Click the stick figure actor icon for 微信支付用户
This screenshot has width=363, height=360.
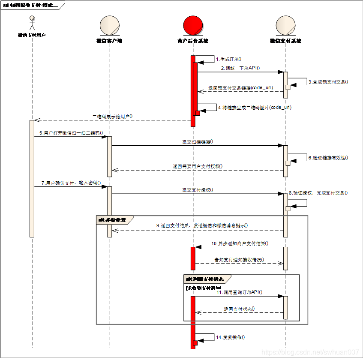point(32,22)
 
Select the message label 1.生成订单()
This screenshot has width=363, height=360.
point(228,59)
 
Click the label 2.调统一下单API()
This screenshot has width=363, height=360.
point(240,68)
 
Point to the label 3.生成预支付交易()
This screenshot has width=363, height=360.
point(328,81)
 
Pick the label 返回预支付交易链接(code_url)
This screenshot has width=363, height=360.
point(240,87)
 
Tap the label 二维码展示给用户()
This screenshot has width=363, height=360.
point(112,116)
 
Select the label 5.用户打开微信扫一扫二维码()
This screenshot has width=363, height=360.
point(71,133)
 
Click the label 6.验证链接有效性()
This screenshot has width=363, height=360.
point(328,158)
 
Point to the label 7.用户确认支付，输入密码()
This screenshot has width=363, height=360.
point(71,183)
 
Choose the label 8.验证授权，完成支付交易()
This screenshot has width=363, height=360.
point(318,193)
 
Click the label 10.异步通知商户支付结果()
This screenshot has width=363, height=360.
point(240,243)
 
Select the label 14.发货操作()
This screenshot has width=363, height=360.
point(231,337)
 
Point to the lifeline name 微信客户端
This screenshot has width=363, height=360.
point(109,41)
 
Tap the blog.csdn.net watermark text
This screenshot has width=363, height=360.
point(310,352)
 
